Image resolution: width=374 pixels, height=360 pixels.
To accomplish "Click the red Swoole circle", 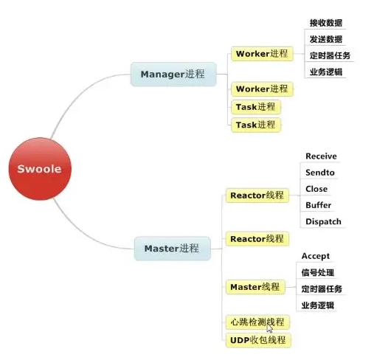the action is pyautogui.click(x=40, y=169).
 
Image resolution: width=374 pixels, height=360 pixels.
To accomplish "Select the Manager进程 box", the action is pyautogui.click(x=173, y=75).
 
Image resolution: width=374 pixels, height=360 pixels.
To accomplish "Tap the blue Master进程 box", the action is pyautogui.click(x=173, y=249).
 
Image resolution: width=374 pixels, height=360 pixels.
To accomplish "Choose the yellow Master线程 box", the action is pyautogui.click(x=255, y=287).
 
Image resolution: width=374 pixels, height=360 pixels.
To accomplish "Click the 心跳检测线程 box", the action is pyautogui.click(x=257, y=322).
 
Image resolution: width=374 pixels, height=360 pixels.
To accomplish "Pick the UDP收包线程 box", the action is pyautogui.click(x=258, y=340).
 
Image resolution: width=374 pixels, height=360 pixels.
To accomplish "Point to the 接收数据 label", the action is pyautogui.click(x=326, y=23).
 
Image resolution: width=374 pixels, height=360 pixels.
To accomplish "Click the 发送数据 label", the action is pyautogui.click(x=326, y=39).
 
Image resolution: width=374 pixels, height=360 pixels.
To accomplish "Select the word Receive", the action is pyautogui.click(x=321, y=156).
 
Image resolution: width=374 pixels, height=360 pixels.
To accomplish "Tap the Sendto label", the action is pyautogui.click(x=320, y=173).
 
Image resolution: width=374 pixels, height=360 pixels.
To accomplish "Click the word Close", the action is pyautogui.click(x=316, y=189).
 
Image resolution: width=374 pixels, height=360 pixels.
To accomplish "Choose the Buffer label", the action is pyautogui.click(x=319, y=205).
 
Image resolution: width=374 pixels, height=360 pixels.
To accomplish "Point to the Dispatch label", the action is pyautogui.click(x=323, y=221).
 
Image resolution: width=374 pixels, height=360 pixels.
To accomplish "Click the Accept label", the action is pyautogui.click(x=316, y=256).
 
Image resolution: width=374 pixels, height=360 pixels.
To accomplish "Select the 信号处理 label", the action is pyautogui.click(x=318, y=272).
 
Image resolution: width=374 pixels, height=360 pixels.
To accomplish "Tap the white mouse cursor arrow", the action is pyautogui.click(x=269, y=328).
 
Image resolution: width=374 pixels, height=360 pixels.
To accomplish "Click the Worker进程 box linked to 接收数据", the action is pyautogui.click(x=262, y=54).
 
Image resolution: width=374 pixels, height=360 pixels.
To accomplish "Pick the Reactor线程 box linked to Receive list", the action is pyautogui.click(x=257, y=195).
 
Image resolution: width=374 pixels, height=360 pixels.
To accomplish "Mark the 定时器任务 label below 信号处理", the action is pyautogui.click(x=322, y=289).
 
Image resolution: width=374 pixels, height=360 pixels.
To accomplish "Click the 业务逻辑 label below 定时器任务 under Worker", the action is pyautogui.click(x=326, y=72).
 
